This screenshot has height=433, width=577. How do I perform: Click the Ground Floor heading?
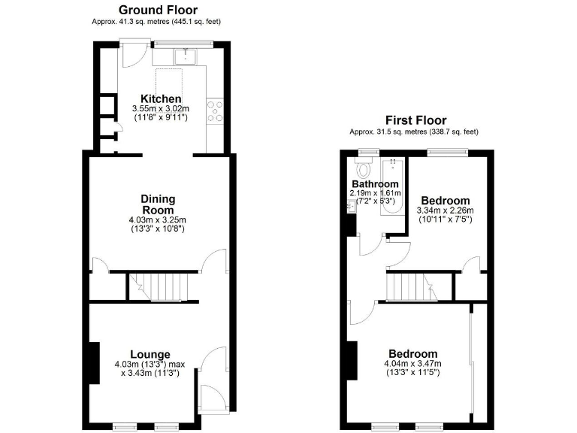point(158,10)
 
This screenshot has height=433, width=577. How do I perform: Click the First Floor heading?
point(415,120)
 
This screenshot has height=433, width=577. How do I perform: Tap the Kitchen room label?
point(161,98)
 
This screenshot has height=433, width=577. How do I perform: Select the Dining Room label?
point(158,204)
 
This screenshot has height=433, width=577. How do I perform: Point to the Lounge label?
point(150,355)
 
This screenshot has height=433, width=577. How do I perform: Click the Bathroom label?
point(374,184)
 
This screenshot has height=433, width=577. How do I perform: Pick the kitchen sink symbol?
point(184,56)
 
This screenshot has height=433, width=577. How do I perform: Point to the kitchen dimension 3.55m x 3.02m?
point(160,109)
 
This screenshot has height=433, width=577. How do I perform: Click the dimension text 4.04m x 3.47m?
point(412,364)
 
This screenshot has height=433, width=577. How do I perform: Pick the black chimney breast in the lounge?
point(95,363)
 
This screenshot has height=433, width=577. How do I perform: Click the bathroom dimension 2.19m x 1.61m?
point(374,193)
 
